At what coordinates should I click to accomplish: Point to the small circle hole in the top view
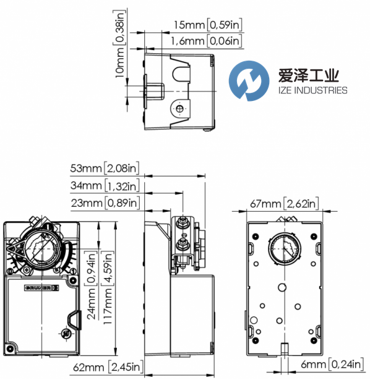[179, 109]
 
